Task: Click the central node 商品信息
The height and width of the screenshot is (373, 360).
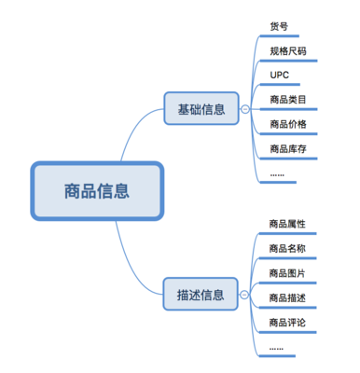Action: pos(97,191)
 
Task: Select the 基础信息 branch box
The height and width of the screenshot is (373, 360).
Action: pos(201,108)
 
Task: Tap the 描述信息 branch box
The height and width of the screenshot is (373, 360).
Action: pos(201,295)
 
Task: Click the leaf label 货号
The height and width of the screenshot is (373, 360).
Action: pos(278,26)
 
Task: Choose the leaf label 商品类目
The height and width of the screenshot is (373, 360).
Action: pos(287,99)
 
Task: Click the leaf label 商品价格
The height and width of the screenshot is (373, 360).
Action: pos(287,123)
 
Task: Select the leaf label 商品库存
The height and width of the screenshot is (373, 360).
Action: pos(287,147)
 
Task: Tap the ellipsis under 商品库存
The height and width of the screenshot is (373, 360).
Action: pos(277,173)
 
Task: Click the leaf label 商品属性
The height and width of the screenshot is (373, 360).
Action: pos(287,225)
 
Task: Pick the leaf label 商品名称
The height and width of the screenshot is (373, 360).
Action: pos(287,249)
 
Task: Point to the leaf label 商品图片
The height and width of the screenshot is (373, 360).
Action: pos(287,273)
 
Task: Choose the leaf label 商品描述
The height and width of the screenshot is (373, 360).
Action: pos(287,297)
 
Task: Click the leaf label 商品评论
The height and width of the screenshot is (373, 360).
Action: pos(287,322)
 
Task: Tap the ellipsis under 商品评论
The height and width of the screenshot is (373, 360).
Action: pos(277,347)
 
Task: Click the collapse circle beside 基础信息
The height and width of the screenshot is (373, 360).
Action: pos(244,109)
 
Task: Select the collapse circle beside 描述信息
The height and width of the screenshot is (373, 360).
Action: pos(244,296)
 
